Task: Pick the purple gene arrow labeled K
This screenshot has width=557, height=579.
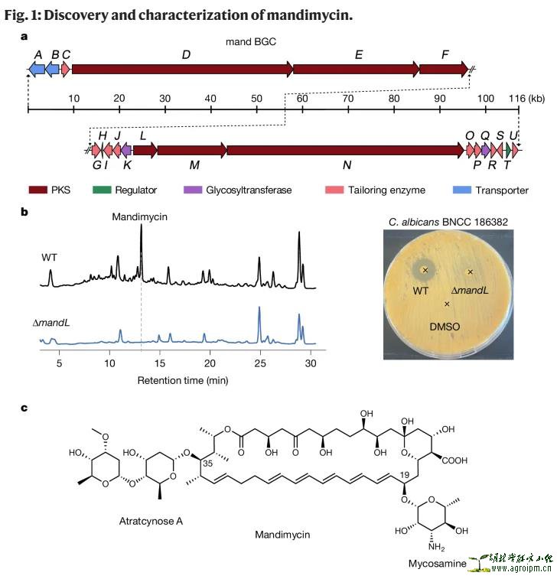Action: click(127, 151)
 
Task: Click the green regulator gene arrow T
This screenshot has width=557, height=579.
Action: click(507, 151)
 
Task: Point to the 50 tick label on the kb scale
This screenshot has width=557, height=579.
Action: click(256, 98)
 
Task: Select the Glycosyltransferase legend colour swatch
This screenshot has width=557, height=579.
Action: click(193, 190)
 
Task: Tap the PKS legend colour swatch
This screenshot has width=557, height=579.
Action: click(38, 190)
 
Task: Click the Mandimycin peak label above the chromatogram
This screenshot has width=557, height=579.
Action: click(139, 217)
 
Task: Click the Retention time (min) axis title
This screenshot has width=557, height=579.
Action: click(182, 380)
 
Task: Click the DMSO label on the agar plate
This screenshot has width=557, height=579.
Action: click(448, 326)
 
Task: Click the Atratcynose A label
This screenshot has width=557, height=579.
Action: click(151, 522)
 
